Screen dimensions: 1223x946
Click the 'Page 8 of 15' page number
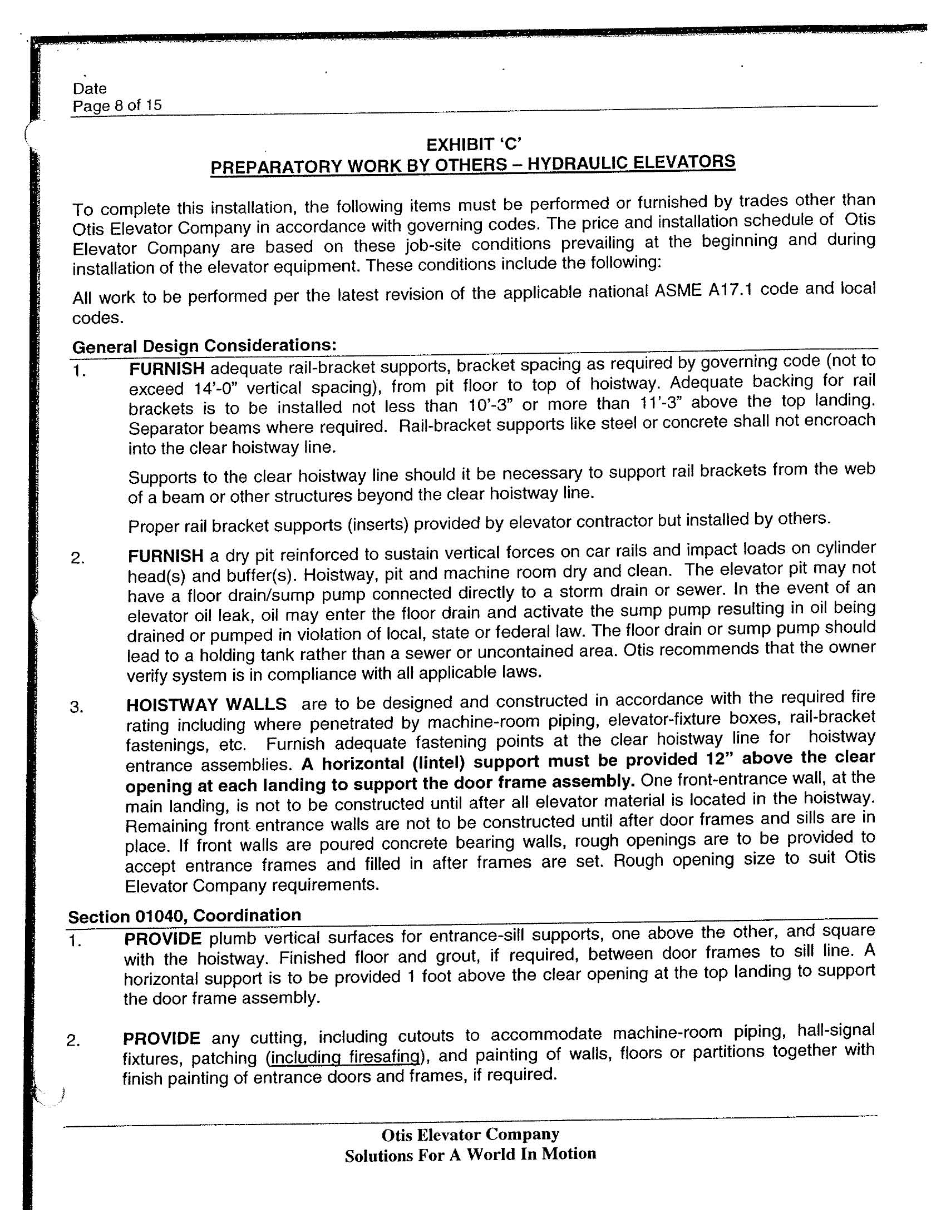point(117,105)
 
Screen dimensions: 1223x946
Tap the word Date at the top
point(90,88)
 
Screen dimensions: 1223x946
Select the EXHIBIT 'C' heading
point(474,145)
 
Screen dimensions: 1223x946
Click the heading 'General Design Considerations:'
point(205,345)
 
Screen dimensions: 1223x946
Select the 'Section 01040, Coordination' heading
point(184,916)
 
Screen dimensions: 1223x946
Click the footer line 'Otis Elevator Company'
point(470,1135)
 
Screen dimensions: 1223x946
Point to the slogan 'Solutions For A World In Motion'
point(470,1155)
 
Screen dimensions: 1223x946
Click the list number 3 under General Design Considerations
point(76,707)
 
